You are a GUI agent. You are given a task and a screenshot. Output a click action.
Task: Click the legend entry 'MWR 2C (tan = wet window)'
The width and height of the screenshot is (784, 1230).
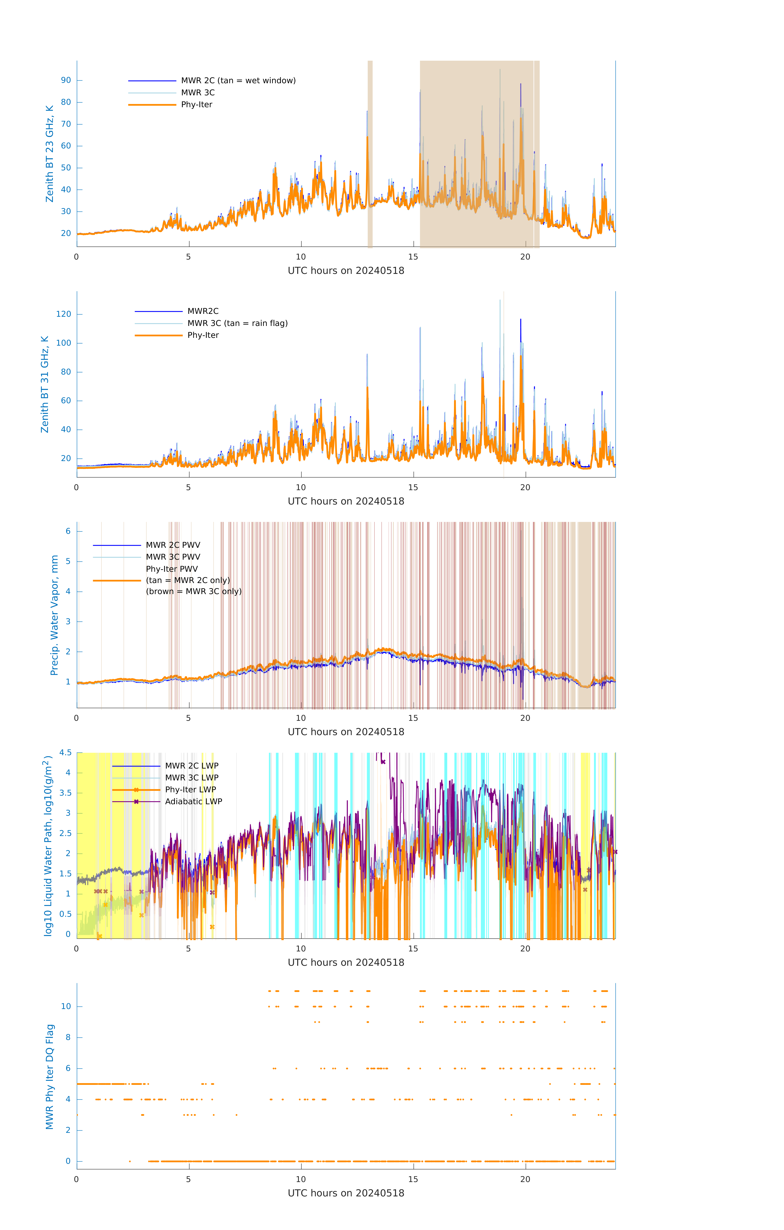238,81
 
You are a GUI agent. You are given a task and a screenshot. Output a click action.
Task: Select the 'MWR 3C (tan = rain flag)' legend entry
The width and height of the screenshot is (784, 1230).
238,323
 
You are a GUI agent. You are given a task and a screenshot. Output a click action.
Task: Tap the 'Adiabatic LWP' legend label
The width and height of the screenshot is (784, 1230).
193,801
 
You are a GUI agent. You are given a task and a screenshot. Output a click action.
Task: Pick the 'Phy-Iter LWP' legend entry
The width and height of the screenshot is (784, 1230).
190,790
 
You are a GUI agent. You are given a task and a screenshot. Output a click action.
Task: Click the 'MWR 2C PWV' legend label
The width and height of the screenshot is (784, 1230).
173,545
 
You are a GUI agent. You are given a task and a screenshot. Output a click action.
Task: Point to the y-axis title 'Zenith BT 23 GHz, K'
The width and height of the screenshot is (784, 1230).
50,154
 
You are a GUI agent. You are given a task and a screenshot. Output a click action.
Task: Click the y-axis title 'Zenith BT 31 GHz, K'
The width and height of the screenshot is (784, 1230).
45,384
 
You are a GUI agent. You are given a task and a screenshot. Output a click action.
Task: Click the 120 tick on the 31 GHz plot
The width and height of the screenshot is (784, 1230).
64,314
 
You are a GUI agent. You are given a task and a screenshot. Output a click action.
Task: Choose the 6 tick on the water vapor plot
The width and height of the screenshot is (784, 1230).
68,531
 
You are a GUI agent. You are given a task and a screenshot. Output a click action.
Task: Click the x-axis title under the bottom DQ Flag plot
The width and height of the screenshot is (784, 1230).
346,1193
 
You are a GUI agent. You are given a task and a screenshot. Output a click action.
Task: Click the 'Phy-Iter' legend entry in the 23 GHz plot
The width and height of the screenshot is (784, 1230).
197,105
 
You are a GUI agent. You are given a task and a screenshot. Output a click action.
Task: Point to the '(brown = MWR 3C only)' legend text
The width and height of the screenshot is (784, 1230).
193,591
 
